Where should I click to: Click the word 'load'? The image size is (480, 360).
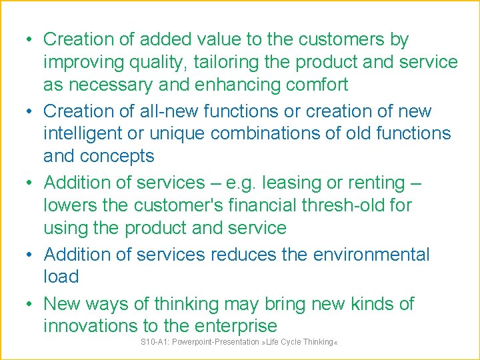click(61, 277)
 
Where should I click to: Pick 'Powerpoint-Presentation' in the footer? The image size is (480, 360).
click(216, 342)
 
